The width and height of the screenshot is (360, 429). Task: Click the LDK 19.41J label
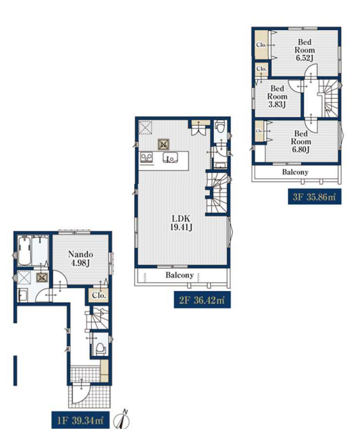[181, 223]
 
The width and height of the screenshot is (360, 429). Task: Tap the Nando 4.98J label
[80, 259]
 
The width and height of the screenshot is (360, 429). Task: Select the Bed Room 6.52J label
[304, 50]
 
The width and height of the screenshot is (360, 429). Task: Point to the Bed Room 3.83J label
[277, 96]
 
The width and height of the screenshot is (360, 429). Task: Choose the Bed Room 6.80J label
[301, 142]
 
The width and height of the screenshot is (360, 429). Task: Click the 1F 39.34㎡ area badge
[80, 420]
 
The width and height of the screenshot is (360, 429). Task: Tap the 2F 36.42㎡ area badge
[202, 300]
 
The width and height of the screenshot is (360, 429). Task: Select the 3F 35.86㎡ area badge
[315, 197]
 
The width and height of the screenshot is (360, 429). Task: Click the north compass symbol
[123, 419]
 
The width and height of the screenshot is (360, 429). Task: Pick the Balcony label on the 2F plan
[179, 275]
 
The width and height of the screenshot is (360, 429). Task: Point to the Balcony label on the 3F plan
[295, 172]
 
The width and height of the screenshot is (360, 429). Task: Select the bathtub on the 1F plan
[24, 251]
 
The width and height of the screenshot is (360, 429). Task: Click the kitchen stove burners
[147, 158]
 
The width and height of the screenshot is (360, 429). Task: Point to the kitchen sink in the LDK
[170, 158]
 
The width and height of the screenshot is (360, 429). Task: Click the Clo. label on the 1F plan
[99, 296]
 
